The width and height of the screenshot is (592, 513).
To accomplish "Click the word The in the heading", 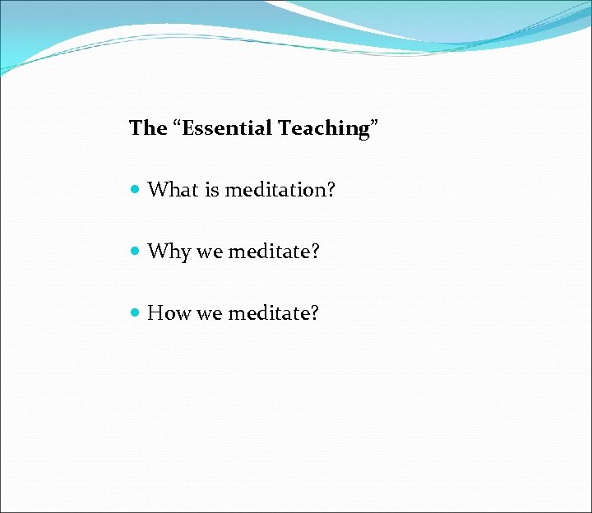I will pos(148,128).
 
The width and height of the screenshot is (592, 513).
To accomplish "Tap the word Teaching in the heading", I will pos(323,128).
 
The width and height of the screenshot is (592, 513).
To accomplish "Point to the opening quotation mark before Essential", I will pos(178,123).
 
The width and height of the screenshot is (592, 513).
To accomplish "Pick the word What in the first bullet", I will pos(173,190).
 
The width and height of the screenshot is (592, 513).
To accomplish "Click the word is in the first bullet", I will pos(211,190).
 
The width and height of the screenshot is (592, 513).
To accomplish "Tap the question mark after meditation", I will pos(331,190).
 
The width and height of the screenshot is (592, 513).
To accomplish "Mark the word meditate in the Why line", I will pos(268,252).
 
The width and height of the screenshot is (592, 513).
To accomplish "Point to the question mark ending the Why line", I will pos(314,252).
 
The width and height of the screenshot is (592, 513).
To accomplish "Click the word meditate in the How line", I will pos(268,313).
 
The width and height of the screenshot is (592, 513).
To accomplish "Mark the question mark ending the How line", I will pos(314,313).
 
